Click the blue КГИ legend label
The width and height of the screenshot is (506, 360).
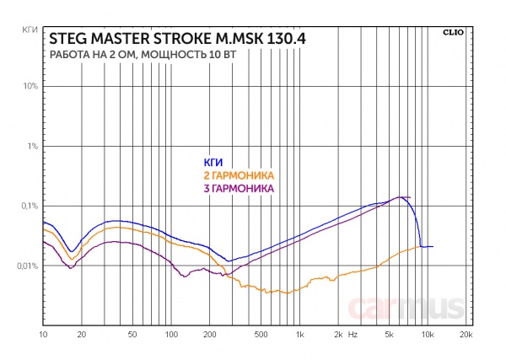click(213, 162)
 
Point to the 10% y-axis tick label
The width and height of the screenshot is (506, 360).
click(30, 86)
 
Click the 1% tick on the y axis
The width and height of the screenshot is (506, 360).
click(32, 146)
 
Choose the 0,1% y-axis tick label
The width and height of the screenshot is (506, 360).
click(28, 206)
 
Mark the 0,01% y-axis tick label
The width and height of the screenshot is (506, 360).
click(26, 266)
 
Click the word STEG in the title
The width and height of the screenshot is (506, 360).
click(66, 39)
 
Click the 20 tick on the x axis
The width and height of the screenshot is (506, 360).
click(82, 335)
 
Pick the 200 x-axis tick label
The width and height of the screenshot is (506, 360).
click(210, 335)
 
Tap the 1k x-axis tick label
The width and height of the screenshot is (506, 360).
click(299, 335)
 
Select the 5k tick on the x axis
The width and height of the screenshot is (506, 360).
click(389, 335)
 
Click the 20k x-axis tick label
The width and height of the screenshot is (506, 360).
click(466, 335)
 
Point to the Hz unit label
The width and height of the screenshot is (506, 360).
click(353, 335)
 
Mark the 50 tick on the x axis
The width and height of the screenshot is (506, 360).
click(132, 335)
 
